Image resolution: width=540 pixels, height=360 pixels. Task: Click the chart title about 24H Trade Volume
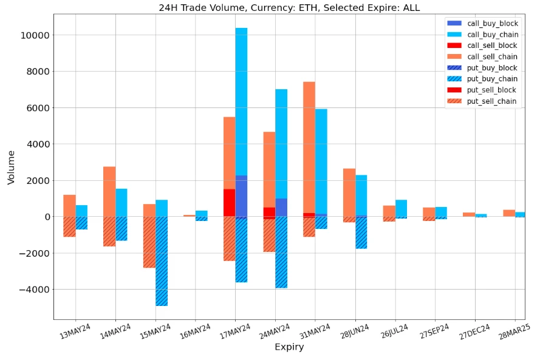tap(289, 8)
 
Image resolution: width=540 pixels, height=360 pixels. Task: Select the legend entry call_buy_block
tap(492, 23)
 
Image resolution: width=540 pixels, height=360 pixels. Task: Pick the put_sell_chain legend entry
tap(492, 101)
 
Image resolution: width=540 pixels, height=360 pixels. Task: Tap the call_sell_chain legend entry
tap(492, 56)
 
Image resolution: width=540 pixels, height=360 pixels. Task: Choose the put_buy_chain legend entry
tap(492, 79)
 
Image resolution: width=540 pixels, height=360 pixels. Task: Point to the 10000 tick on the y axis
tap(35, 35)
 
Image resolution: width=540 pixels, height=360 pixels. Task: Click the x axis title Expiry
tap(289, 347)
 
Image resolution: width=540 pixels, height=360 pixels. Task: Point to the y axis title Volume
tap(11, 167)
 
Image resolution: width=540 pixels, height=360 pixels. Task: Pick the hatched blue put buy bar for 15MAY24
tap(162, 261)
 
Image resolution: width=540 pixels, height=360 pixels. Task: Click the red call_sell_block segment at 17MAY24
tap(229, 202)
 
